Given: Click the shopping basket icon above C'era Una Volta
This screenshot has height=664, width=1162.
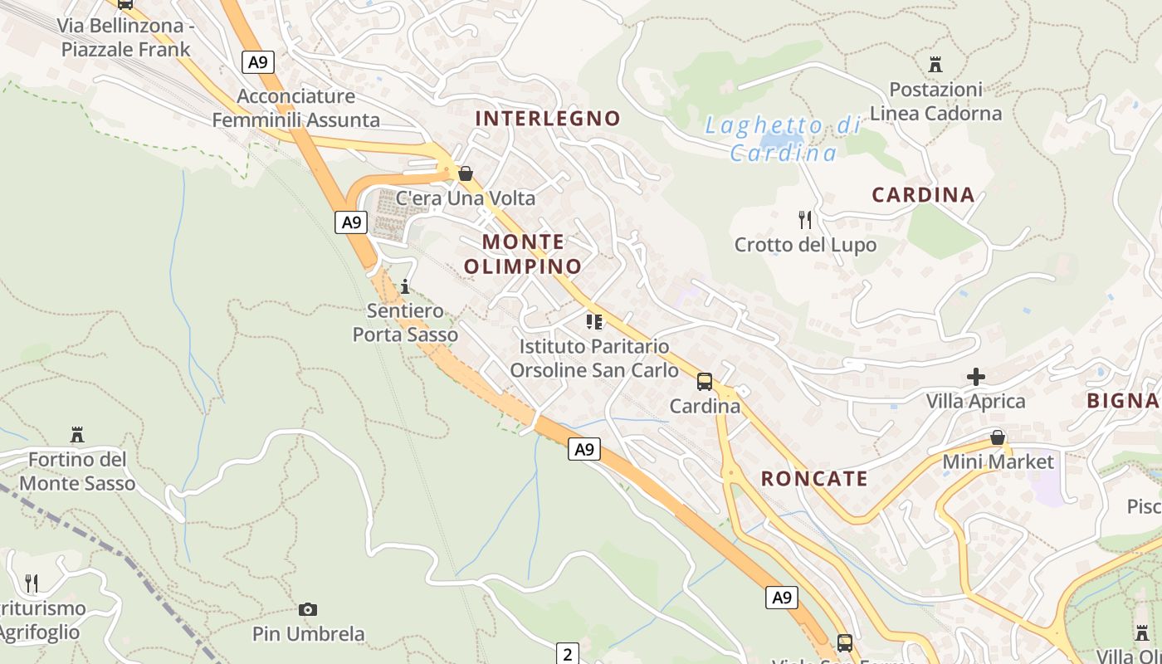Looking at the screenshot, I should coord(466,173).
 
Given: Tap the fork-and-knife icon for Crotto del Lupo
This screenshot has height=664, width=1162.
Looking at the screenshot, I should coord(804,220).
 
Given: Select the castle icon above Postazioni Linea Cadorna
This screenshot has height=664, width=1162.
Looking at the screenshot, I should coord(935,64).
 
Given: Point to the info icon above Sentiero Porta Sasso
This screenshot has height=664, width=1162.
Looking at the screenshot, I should coord(405,287).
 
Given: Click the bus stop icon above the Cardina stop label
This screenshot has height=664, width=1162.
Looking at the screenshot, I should coord(705,382).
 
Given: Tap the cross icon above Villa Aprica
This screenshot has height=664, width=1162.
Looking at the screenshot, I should coord(976,377).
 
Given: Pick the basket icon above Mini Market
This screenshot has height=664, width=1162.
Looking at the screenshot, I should coord(998,437).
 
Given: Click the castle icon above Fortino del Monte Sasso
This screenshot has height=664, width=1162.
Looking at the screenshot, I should coord(77,434).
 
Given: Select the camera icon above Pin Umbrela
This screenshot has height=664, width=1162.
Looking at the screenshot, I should coord(308,610).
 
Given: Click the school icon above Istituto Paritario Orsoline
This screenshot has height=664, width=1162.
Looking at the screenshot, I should coord(594,321).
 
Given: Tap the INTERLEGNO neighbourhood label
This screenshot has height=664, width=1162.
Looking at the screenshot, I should coord(548,119).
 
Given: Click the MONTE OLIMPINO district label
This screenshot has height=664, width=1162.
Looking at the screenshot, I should coord(523,254).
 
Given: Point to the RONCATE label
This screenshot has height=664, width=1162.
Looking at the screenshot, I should coord(814,479).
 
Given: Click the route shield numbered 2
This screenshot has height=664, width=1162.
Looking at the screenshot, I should coord(568,654).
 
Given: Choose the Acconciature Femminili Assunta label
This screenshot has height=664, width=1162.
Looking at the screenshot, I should coord(296,108).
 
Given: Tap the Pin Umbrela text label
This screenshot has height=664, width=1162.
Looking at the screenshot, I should coord(308,634).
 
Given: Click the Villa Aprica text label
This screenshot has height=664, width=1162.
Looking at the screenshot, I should coord(976,402).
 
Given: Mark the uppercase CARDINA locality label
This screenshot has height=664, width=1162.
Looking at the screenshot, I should coord(923,195).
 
